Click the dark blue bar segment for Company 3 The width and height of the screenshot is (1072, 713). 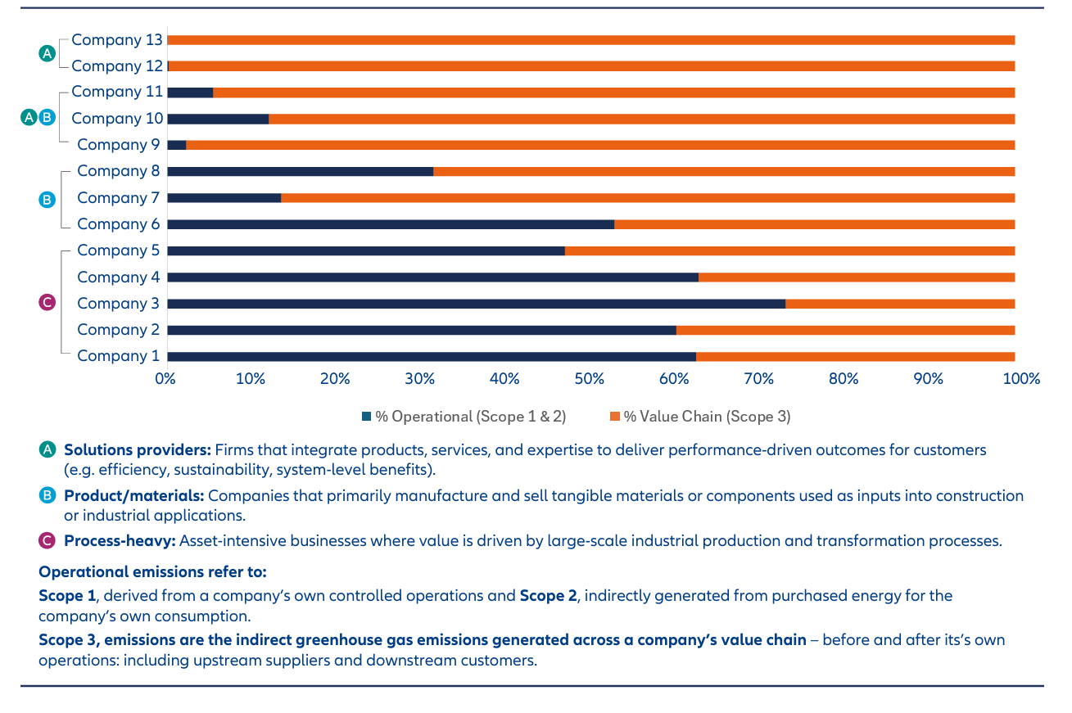[476, 304]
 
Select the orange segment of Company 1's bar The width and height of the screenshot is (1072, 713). [856, 357]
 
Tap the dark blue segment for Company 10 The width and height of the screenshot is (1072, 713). [218, 120]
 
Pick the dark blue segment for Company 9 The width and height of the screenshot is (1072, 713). [177, 146]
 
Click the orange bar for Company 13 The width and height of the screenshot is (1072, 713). [591, 40]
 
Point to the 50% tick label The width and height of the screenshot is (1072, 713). [589, 379]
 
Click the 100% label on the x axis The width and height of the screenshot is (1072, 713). [1021, 379]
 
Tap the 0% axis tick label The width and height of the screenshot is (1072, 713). [165, 379]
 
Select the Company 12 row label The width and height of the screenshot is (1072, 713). [117, 66]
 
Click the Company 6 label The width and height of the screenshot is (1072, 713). [118, 224]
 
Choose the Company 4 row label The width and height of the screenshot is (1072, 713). [118, 278]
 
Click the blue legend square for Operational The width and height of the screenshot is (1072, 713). [367, 417]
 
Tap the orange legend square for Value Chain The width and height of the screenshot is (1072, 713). [615, 417]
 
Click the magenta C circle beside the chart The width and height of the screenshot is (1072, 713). [47, 302]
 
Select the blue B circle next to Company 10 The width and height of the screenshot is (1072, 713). [47, 117]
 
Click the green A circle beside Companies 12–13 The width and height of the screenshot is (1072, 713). [47, 53]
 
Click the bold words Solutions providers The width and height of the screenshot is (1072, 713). [138, 450]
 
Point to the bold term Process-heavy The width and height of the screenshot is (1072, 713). [120, 541]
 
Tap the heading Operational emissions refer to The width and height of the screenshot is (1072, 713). [152, 572]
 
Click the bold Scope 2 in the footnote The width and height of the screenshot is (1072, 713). [549, 596]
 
